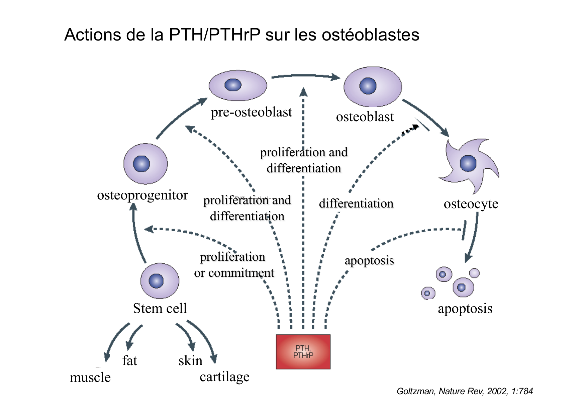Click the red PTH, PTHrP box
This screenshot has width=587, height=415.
pyautogui.click(x=303, y=351)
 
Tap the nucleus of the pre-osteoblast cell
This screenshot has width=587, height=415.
pyautogui.click(x=233, y=85)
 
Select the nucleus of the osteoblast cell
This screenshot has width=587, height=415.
pyautogui.click(x=368, y=86)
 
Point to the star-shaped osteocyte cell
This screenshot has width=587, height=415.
pyautogui.click(x=468, y=164)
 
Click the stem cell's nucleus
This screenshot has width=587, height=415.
pyautogui.click(x=156, y=280)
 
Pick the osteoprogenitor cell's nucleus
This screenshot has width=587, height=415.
pyautogui.click(x=141, y=164)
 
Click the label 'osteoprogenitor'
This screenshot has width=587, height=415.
pyautogui.click(x=142, y=195)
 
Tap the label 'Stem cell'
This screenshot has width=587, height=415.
pyautogui.click(x=160, y=308)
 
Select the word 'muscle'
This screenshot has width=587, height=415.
pyautogui.click(x=90, y=378)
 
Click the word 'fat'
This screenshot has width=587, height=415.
pyautogui.click(x=129, y=361)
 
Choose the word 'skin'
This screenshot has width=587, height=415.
pyautogui.click(x=190, y=361)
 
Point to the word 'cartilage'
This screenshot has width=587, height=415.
pyautogui.click(x=224, y=377)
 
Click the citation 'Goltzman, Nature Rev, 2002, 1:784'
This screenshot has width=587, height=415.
pyautogui.click(x=465, y=391)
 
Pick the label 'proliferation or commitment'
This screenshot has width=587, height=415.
pyautogui.click(x=234, y=265)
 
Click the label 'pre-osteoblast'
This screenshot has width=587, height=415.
pyautogui.click(x=251, y=112)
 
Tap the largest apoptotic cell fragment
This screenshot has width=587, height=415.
pyautogui.click(x=463, y=287)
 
